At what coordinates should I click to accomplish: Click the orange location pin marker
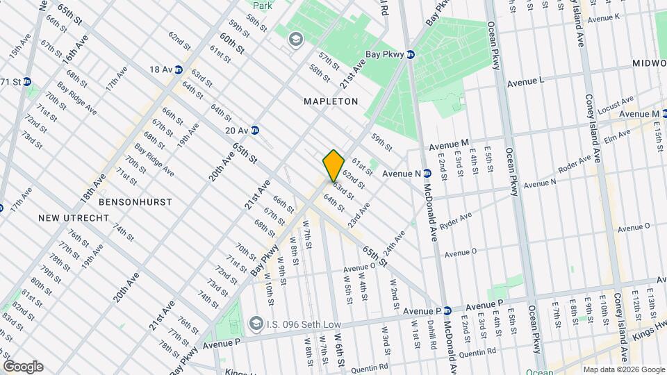coord(333,166)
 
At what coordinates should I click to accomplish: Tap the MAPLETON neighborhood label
coord(331,101)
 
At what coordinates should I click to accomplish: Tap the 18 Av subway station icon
coord(179,69)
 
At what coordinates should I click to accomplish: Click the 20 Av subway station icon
coord(255,130)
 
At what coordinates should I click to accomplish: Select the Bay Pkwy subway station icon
coord(411,54)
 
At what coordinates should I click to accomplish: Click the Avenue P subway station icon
coord(448,310)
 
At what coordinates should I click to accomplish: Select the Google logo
coord(23,367)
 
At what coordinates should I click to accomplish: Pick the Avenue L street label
coord(525,82)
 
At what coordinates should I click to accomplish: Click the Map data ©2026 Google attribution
coord(623,369)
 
